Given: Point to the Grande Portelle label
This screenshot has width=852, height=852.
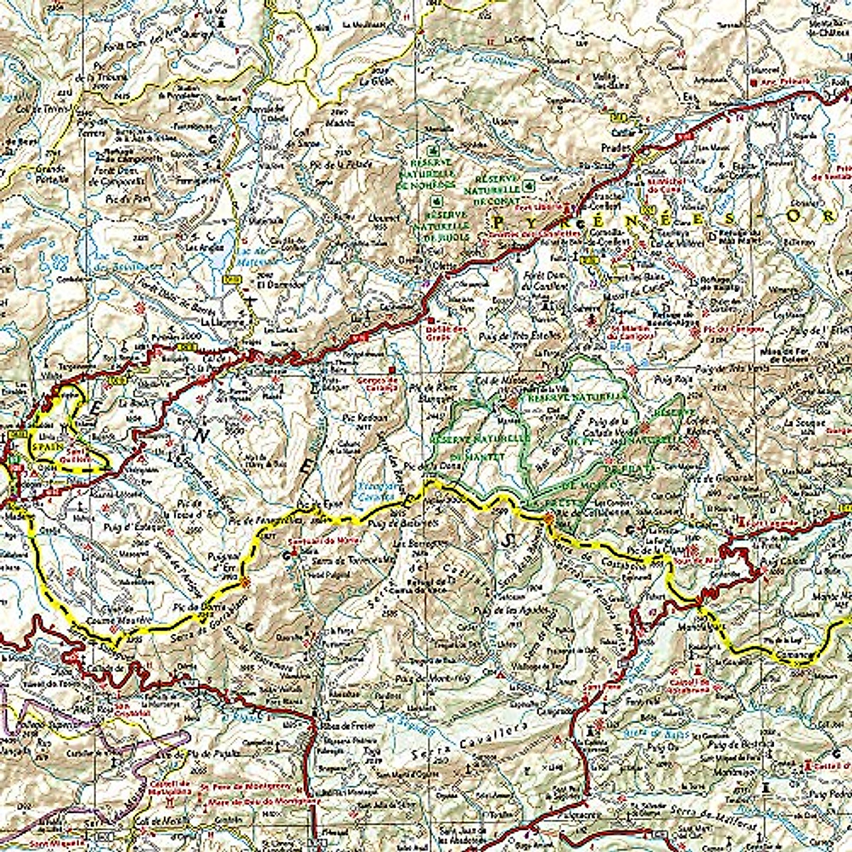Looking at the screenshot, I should [50, 174].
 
